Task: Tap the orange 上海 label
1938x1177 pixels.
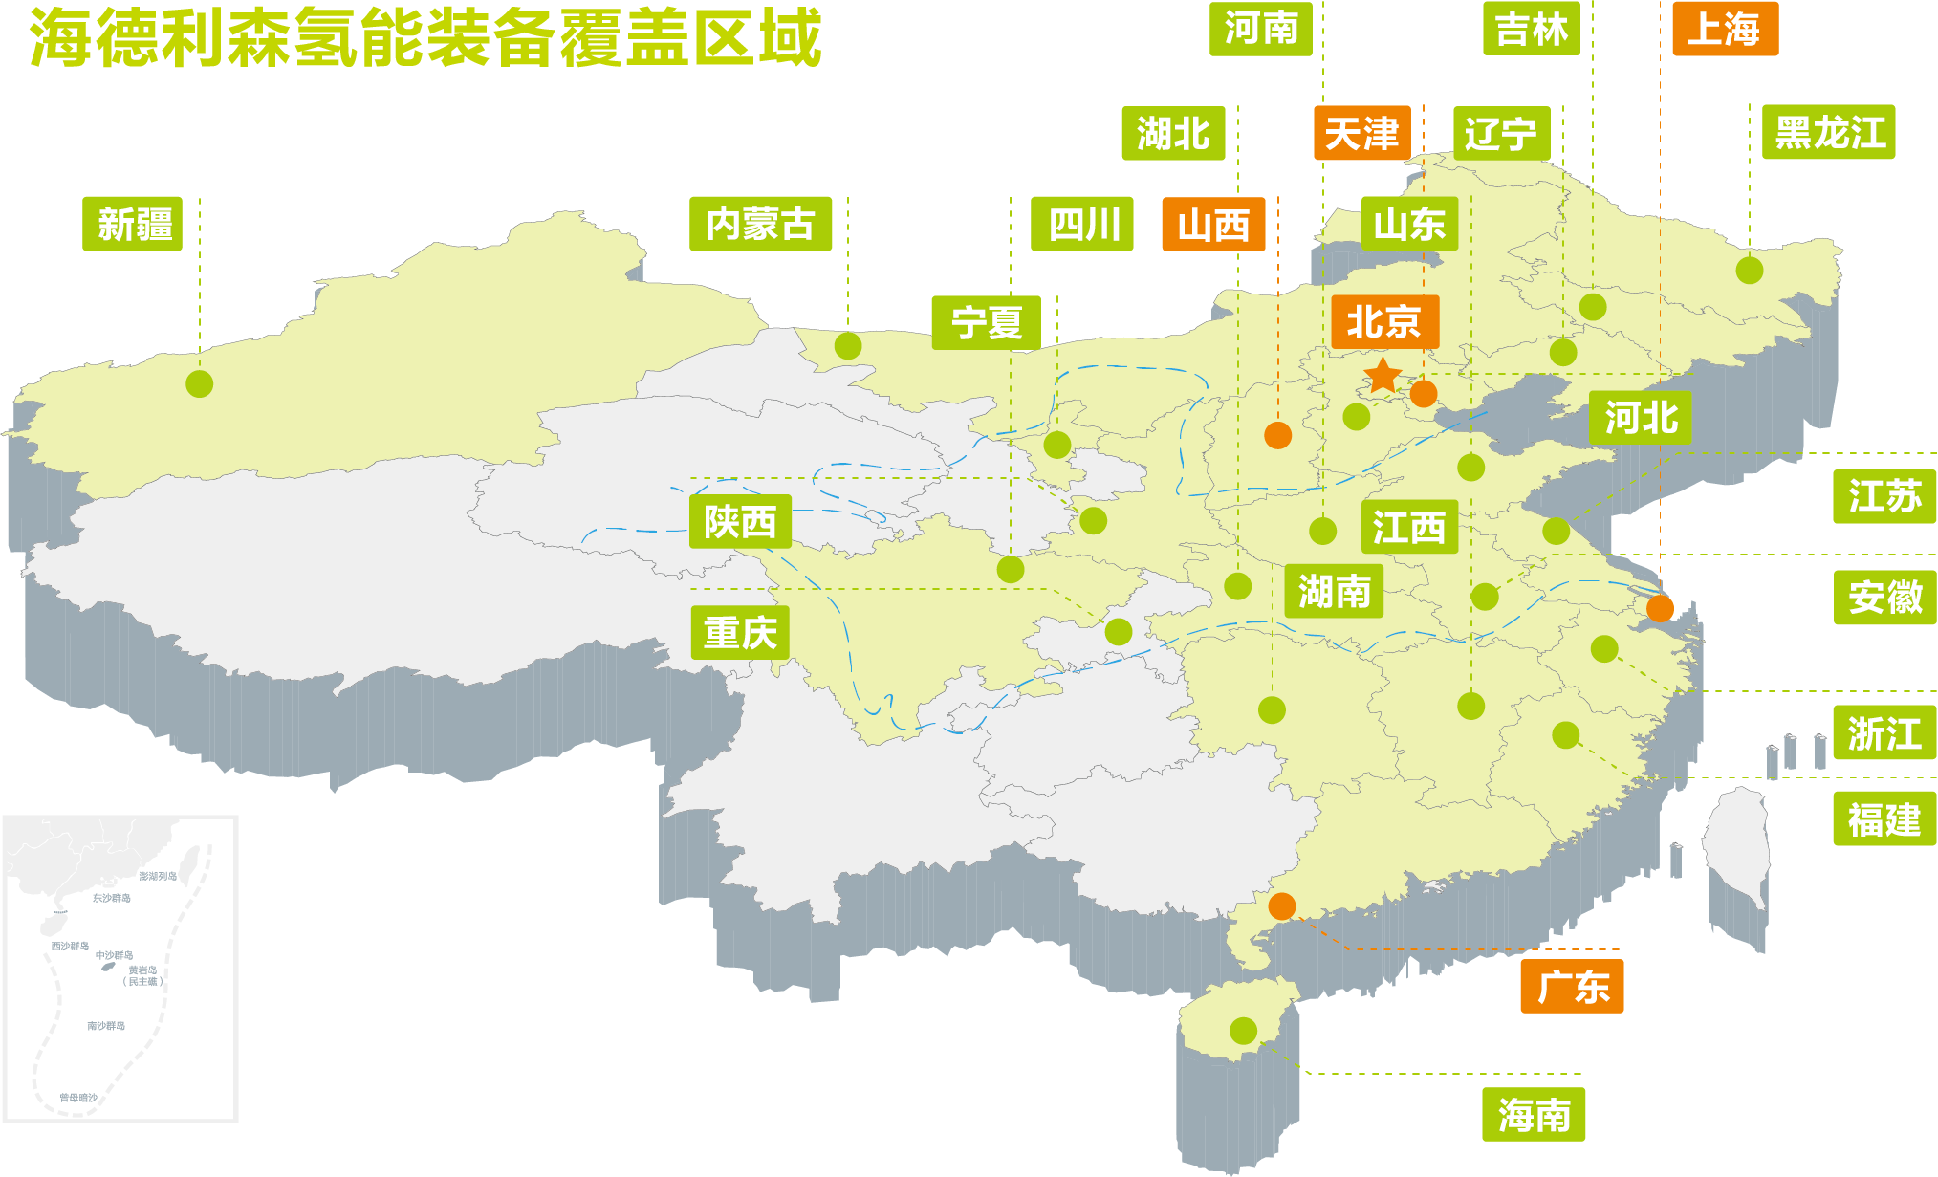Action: coord(1725,29)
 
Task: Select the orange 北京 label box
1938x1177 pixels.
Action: coord(1384,321)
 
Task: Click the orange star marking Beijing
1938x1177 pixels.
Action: coord(1383,376)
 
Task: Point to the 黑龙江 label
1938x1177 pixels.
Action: coord(1828,132)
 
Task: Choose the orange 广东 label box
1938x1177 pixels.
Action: coord(1572,986)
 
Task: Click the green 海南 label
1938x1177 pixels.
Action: coord(1534,1114)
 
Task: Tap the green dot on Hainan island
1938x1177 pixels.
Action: coord(1243,1031)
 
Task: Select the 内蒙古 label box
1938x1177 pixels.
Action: coord(760,224)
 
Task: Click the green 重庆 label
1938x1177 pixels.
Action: coord(740,632)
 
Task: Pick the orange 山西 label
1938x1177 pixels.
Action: coord(1213,225)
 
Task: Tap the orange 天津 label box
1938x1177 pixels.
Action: coord(1361,133)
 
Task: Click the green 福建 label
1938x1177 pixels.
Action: coord(1884,818)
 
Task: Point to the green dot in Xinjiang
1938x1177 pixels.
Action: coord(199,383)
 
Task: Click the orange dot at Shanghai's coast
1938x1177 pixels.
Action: coord(1660,608)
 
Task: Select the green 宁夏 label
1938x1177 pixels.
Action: coord(986,322)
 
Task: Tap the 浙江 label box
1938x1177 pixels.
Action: coord(1884,732)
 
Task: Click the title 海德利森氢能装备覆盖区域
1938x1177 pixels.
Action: coord(425,38)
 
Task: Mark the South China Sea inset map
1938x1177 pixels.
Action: coord(120,968)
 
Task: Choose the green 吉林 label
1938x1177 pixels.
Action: coord(1531,29)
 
